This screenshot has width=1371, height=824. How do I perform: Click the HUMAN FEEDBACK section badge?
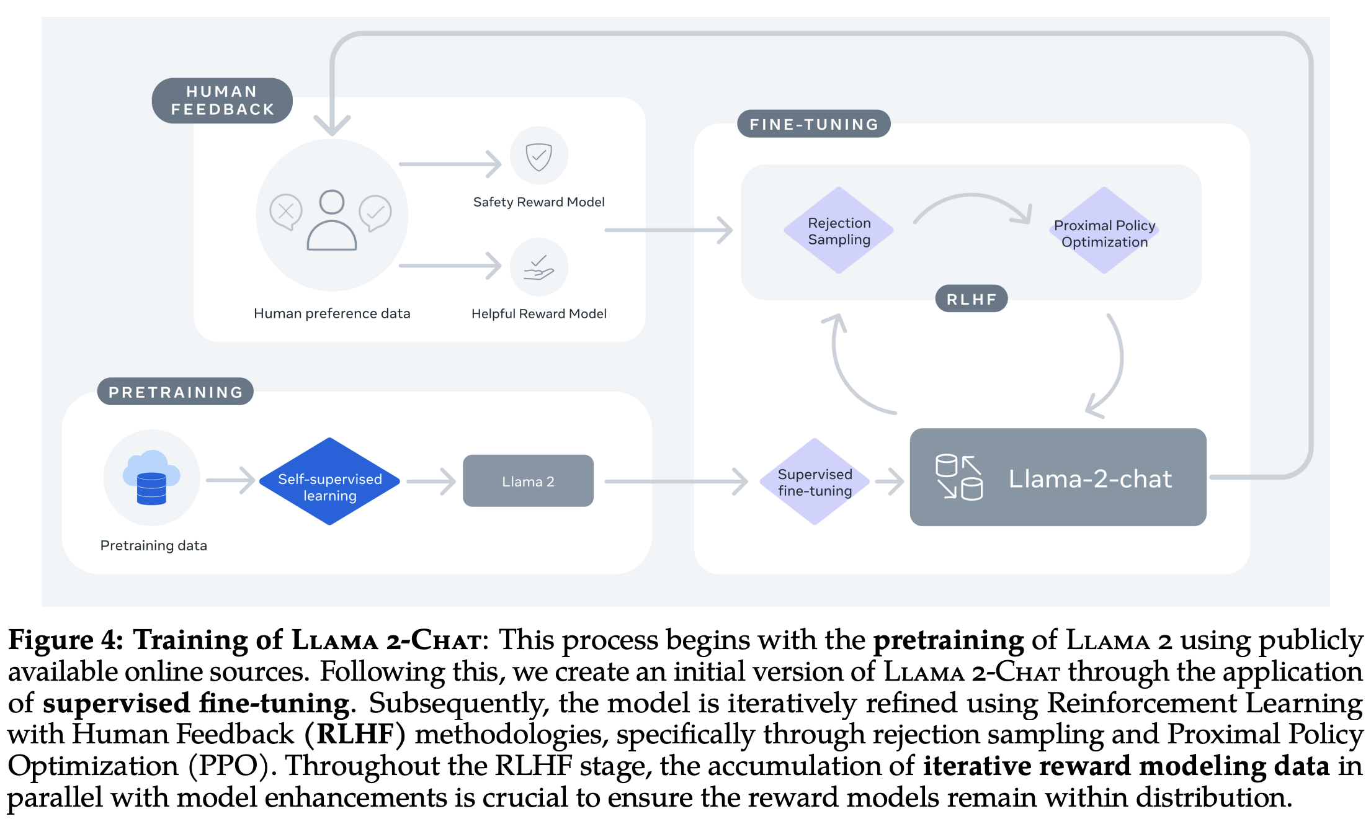tap(222, 101)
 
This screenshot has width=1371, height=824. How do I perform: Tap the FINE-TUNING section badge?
tap(813, 124)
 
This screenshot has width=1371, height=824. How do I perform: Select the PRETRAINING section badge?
tap(176, 392)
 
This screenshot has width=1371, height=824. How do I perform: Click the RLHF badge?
tap(971, 299)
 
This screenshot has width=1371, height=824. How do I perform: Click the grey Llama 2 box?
tap(528, 481)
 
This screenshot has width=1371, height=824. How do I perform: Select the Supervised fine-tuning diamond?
tap(815, 482)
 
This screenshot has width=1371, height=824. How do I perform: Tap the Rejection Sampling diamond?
tap(839, 231)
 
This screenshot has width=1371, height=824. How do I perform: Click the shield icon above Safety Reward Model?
tap(538, 156)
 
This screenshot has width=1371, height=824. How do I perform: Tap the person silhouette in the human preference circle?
tap(332, 221)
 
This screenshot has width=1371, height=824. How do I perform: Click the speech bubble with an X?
tap(286, 212)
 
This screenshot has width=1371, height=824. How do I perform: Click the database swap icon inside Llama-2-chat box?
tap(958, 477)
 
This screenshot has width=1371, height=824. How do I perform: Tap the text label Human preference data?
tap(332, 313)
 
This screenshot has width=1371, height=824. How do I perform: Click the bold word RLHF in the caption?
tap(355, 735)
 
